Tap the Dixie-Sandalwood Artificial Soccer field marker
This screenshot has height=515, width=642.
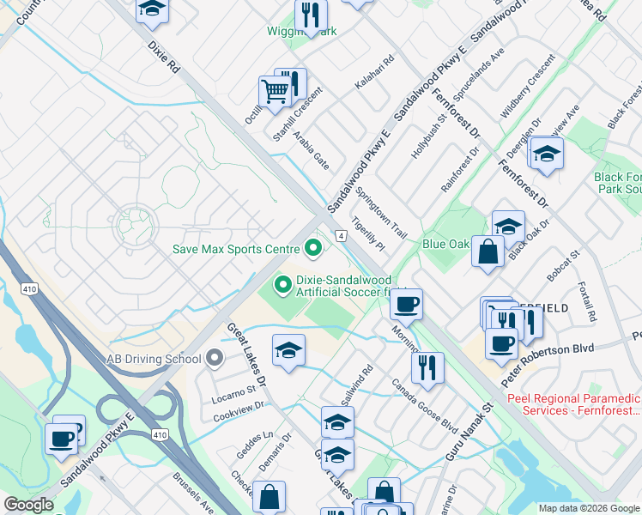[x=281, y=283]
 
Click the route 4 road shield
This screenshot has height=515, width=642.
[x=341, y=235]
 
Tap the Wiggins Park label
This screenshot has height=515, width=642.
[x=300, y=32]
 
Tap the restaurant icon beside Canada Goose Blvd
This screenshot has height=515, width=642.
[x=427, y=367]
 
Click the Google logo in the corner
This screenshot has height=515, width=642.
[x=28, y=505]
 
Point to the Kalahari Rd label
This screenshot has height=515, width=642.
[x=374, y=74]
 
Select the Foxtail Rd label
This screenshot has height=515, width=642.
[x=588, y=303]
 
